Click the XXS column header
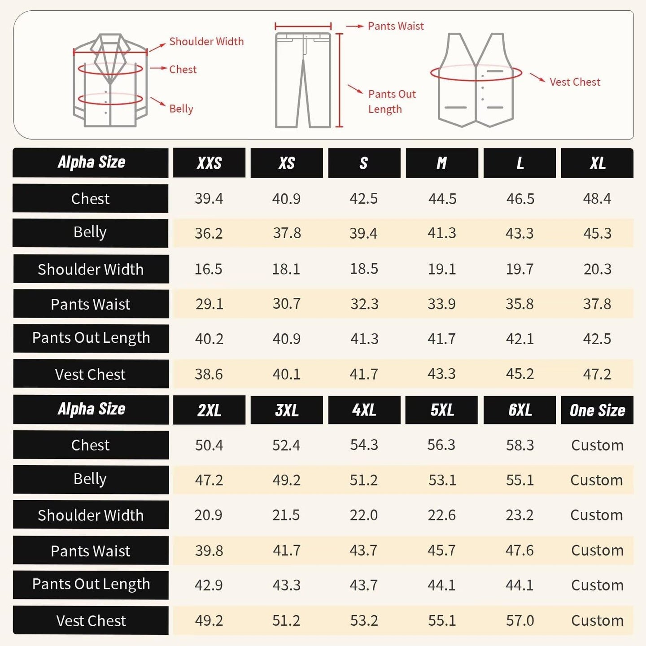[209, 163]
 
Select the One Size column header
[597, 410]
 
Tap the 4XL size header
[364, 410]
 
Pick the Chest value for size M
[442, 199]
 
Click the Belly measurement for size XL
[597, 233]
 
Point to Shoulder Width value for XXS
[209, 269]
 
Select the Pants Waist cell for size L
[519, 304]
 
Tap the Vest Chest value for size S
[364, 374]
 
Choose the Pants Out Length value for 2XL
[209, 585]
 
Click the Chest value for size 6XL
[519, 445]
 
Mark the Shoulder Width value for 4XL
[364, 515]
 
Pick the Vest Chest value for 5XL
[442, 620]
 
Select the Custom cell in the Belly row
[597, 480]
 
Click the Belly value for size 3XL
[286, 480]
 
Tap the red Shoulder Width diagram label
[206, 42]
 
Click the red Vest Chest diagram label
[575, 82]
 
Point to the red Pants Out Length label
[392, 101]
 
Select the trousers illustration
[303, 81]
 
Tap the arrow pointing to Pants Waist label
[354, 26]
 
